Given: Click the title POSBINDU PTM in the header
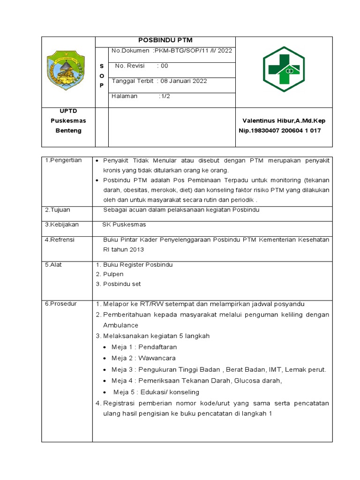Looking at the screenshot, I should [x=165, y=40].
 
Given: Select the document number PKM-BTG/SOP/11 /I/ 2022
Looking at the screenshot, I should [x=192, y=51].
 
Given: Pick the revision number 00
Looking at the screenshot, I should [x=164, y=66].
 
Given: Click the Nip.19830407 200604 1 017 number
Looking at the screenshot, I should [x=280, y=130].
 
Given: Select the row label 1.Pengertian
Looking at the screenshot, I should [x=63, y=160].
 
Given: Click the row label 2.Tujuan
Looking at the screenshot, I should [x=59, y=210].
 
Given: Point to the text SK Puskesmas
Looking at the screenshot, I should [x=124, y=225].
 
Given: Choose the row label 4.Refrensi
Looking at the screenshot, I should [x=60, y=240].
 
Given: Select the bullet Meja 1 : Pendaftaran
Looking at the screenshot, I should [x=144, y=347].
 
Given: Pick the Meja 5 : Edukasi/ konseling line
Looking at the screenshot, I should [x=156, y=392].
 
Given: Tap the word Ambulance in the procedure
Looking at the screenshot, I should [x=121, y=325].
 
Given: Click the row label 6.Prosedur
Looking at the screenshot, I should [x=61, y=304].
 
